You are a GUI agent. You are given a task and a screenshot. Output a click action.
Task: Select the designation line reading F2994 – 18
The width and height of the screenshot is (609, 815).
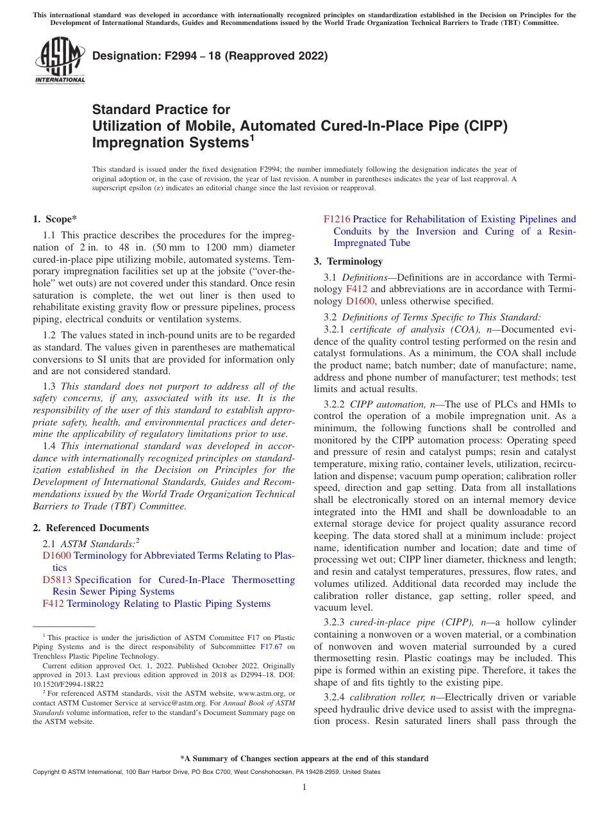[210, 56]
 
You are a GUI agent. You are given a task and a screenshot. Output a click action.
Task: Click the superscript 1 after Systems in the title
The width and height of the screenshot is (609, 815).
[252, 136]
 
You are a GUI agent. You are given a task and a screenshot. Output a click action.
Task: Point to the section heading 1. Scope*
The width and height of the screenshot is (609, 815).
[54, 219]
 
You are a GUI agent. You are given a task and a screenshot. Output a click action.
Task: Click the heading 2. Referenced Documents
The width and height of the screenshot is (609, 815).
[90, 528]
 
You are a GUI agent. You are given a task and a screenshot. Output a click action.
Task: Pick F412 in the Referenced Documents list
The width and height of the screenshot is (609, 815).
[53, 604]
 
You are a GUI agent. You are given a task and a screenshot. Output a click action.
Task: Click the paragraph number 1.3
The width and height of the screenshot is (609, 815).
[49, 386]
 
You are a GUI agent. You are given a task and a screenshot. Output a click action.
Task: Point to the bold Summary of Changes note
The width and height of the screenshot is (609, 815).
[304, 759]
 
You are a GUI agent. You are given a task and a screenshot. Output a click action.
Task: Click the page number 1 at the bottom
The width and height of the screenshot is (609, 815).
[304, 787]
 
